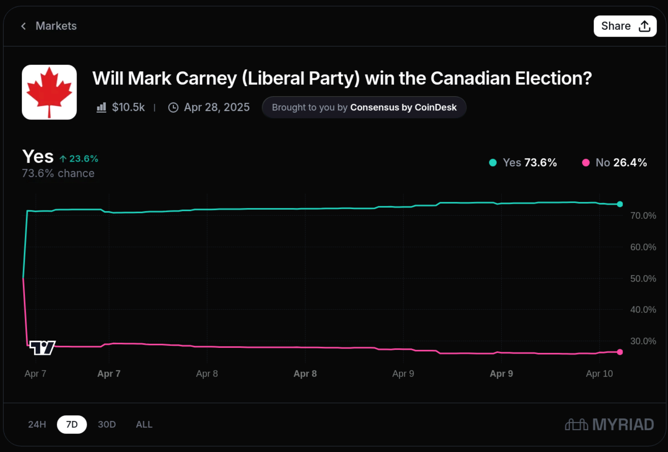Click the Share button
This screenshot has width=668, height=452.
click(x=625, y=26)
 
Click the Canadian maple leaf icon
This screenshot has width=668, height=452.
click(x=49, y=92)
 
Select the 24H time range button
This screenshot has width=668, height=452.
click(x=37, y=424)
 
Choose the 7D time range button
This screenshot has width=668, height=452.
click(x=72, y=424)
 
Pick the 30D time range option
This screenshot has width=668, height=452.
click(x=107, y=424)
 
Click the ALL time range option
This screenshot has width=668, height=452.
click(x=144, y=424)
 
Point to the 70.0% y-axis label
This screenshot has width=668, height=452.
click(x=643, y=216)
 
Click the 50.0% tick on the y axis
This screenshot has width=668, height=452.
click(x=643, y=279)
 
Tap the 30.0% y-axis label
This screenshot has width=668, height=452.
click(x=643, y=341)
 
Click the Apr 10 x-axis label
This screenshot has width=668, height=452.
click(x=599, y=373)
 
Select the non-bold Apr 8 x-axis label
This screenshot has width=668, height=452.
click(x=207, y=373)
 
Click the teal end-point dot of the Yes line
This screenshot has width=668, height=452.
click(x=620, y=204)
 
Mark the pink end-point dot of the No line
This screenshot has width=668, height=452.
click(x=620, y=352)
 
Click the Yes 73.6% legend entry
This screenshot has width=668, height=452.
click(x=523, y=163)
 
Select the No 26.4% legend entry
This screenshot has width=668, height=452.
click(x=615, y=163)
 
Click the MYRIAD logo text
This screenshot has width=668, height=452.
click(x=623, y=425)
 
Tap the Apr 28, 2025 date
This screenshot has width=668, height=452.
click(x=217, y=107)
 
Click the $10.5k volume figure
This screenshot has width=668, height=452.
click(x=128, y=107)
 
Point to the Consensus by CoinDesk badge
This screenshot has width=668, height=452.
click(x=364, y=107)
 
